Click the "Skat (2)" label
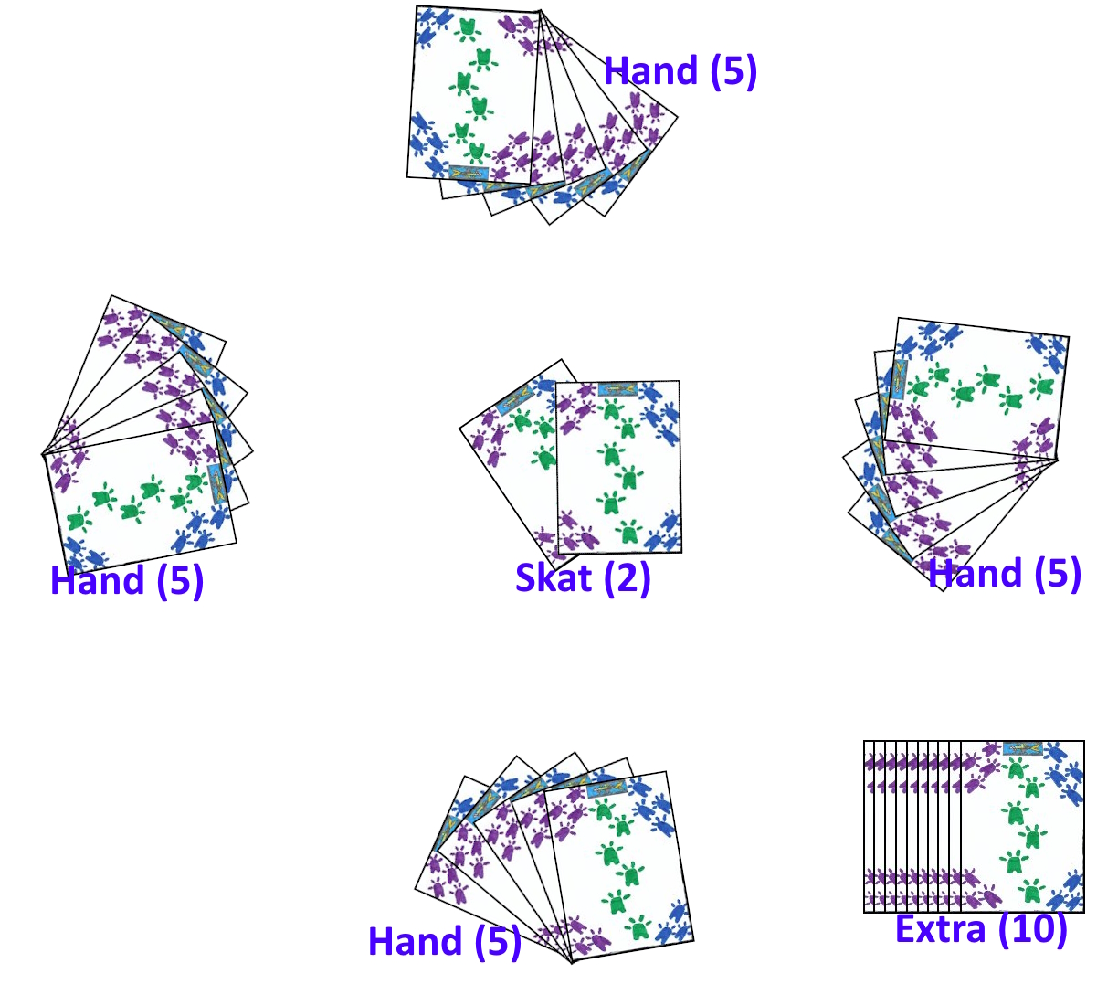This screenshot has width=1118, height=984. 583,577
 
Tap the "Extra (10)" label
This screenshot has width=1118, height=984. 981,928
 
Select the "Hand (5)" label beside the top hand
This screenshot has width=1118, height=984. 680,70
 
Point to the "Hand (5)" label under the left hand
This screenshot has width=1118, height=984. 127,581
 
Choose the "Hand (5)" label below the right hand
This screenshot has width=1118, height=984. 1005,574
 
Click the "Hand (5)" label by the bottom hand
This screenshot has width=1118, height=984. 445,941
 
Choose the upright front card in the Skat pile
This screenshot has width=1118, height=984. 619,467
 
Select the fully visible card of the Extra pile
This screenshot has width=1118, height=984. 1023,826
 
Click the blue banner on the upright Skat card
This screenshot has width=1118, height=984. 618,389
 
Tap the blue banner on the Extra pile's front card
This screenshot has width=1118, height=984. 1022,748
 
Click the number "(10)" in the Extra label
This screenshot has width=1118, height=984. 1032,928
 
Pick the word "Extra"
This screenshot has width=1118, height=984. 941,928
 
